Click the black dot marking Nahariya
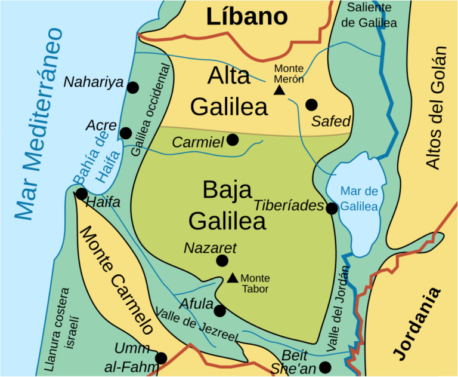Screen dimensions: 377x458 point(133,87)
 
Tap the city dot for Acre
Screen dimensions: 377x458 point(125,133)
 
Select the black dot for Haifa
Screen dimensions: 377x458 point(81,194)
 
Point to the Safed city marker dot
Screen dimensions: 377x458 point(311,105)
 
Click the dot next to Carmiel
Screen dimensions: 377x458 point(233,139)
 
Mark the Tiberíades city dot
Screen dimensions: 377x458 point(332,208)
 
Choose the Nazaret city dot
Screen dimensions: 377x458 point(222,260)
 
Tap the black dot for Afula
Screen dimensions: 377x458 point(219,311)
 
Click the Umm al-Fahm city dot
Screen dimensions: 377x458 point(160,358)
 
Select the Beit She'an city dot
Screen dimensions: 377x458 point(324,366)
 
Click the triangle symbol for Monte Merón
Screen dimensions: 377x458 point(278,90)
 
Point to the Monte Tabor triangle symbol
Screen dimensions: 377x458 point(233,278)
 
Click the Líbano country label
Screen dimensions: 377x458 point(247,17)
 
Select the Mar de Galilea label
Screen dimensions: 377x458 point(359,199)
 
